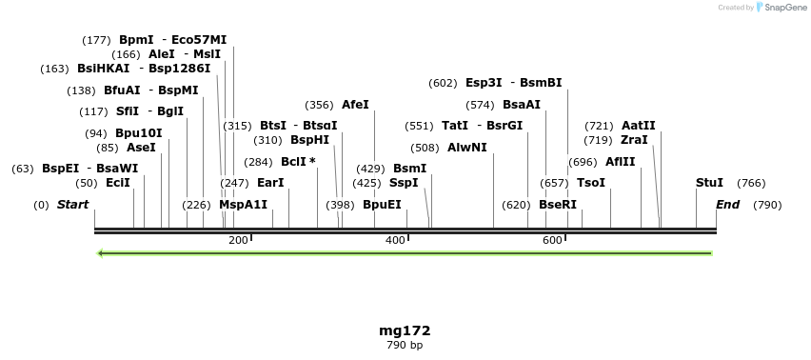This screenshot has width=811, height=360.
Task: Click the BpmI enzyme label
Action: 136,40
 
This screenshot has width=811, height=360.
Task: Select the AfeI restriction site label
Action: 355,105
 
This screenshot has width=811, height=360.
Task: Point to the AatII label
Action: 638,126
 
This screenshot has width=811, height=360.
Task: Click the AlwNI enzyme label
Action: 466,148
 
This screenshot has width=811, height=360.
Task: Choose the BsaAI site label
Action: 521,105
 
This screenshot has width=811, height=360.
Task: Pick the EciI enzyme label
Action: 118,183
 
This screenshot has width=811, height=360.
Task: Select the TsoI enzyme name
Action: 591,183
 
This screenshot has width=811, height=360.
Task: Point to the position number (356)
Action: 319,105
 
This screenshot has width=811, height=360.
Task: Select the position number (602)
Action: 444,83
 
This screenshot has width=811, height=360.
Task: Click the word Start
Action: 72,205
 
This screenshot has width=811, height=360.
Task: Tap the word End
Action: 727,205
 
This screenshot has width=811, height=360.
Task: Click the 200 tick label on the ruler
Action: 238,241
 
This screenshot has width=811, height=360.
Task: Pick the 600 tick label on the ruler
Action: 552,241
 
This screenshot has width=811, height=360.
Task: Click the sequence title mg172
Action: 405,330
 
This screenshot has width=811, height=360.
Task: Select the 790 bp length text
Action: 405,345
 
